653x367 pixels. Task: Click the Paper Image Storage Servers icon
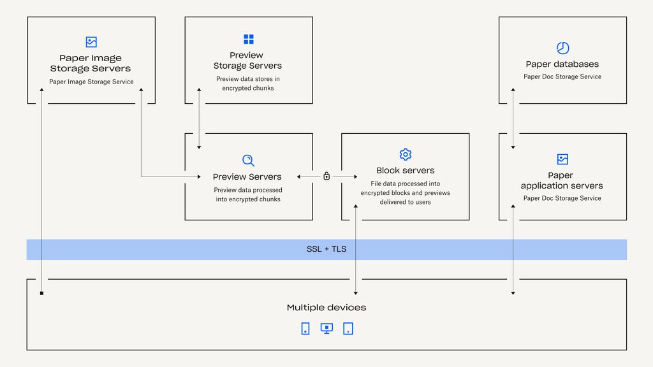pyautogui.click(x=91, y=42)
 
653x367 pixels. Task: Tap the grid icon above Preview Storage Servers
pyautogui.click(x=249, y=40)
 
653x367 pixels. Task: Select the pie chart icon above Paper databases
pyautogui.click(x=562, y=48)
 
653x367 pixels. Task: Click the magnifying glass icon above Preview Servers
pyautogui.click(x=249, y=161)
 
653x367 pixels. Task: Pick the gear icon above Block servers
pyautogui.click(x=406, y=154)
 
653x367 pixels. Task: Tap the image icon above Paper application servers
pyautogui.click(x=562, y=159)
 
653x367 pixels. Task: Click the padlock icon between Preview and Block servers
pyautogui.click(x=326, y=176)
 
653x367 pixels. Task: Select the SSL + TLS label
pyautogui.click(x=326, y=249)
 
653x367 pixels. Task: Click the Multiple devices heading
pyautogui.click(x=326, y=308)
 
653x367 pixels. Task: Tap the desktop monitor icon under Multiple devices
pyautogui.click(x=326, y=329)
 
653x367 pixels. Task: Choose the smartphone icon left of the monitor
pyautogui.click(x=305, y=329)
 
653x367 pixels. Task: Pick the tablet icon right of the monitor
pyautogui.click(x=348, y=329)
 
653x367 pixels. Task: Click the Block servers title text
pyautogui.click(x=406, y=171)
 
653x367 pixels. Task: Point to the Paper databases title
pyautogui.click(x=562, y=64)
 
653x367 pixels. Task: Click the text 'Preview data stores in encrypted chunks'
pyautogui.click(x=248, y=83)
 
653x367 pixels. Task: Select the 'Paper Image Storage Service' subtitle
pyautogui.click(x=91, y=82)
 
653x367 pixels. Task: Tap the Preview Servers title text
pyautogui.click(x=247, y=177)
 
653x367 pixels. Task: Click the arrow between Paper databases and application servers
pyautogui.click(x=513, y=119)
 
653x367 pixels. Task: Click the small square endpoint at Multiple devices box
pyautogui.click(x=41, y=293)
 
